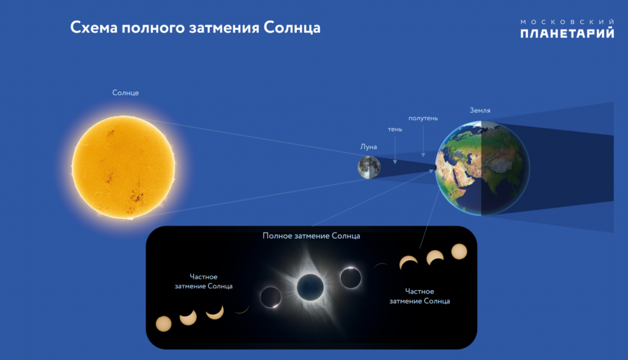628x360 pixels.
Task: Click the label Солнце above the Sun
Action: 125,93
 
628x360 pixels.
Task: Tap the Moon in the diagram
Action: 369,167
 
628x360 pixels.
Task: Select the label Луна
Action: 369,147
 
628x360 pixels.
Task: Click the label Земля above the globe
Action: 480,110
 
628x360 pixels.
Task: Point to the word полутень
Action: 423,118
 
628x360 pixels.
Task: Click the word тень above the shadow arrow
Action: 395,129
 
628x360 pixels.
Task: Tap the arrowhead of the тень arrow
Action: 395,161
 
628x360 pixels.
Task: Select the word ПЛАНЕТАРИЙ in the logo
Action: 567,33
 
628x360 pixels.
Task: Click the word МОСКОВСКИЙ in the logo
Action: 567,21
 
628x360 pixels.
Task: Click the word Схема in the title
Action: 94,28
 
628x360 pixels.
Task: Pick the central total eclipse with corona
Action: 310,287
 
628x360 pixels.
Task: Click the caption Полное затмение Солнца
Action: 311,236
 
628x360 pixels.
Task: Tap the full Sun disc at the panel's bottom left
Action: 163,324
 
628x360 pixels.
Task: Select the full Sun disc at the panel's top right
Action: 459,251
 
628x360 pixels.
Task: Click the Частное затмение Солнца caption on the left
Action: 204,281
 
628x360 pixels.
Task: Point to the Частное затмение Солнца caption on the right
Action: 419,296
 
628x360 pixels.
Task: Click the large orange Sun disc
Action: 123,167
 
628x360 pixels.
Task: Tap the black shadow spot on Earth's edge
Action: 435,168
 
